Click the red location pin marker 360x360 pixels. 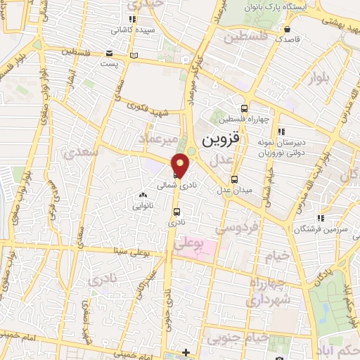(181, 165)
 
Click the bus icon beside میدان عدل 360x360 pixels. (235, 179)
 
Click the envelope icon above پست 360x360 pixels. (108, 53)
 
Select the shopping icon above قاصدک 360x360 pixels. (289, 29)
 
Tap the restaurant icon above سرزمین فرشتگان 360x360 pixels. (321, 218)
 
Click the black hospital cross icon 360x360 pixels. (186, 352)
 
